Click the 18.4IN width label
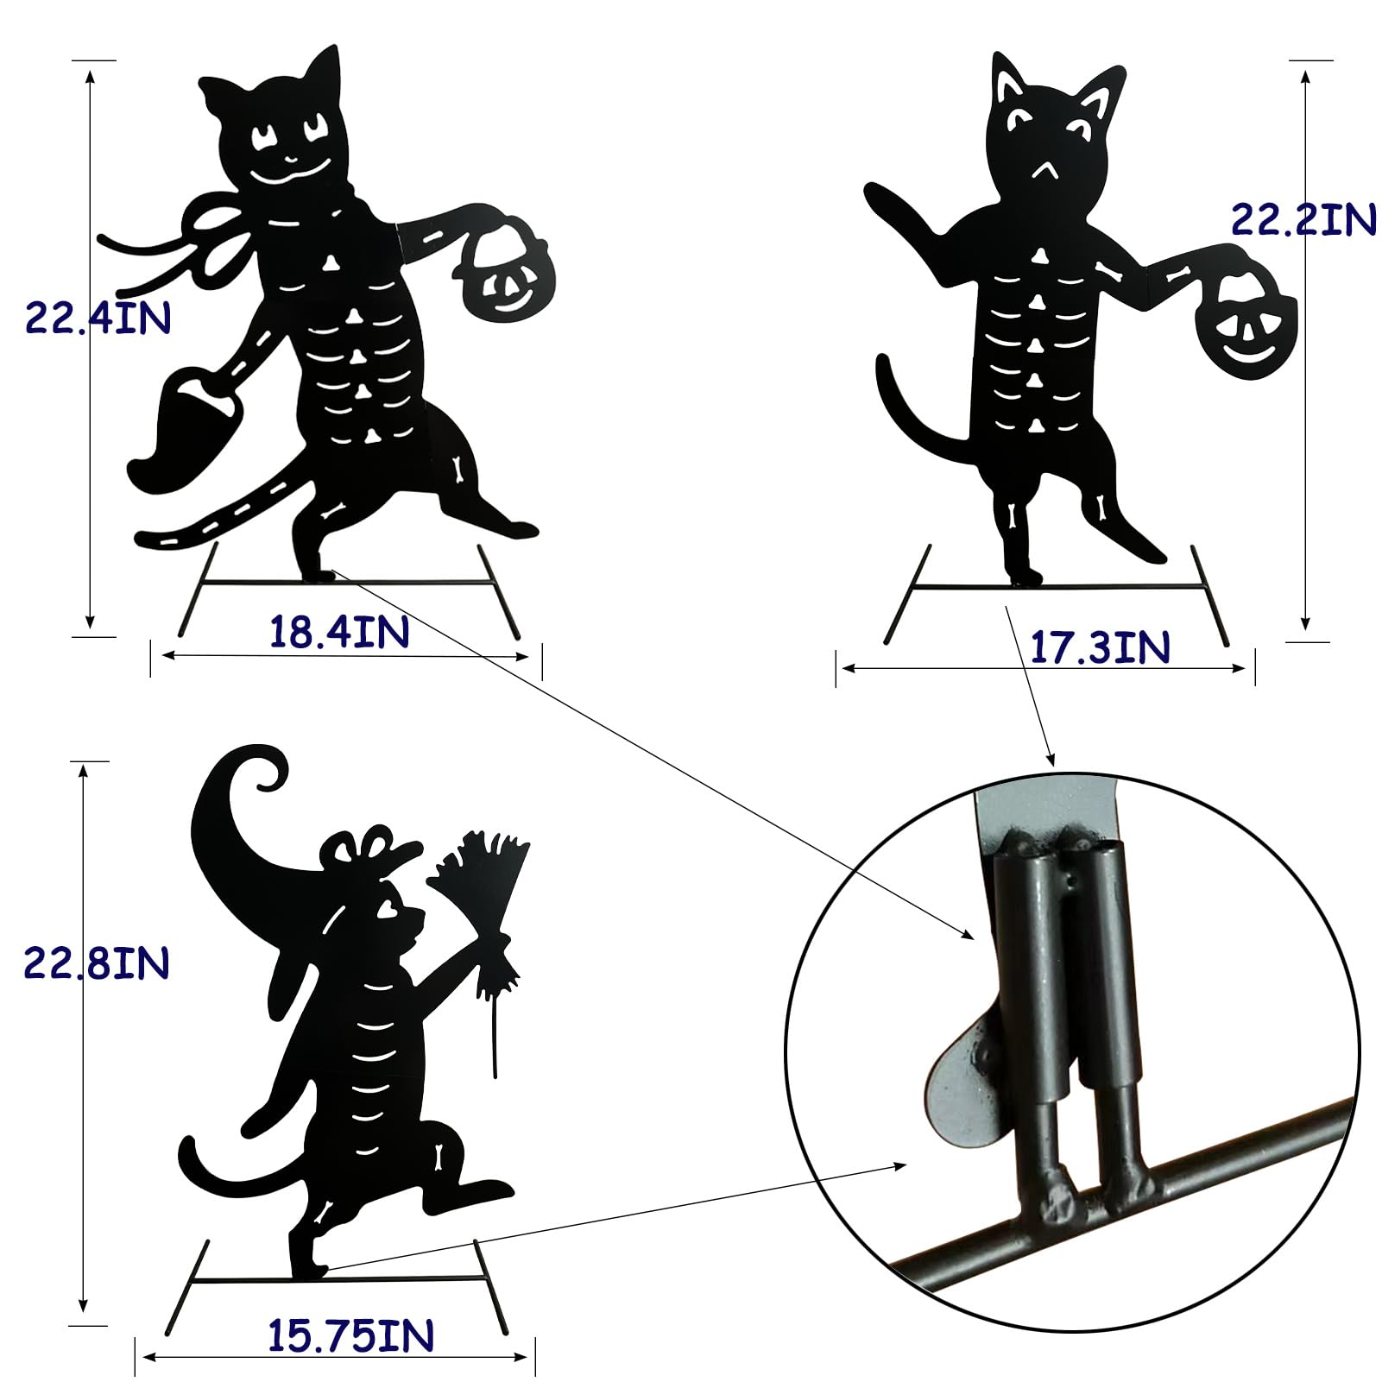[339, 632]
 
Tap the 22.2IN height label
[1303, 219]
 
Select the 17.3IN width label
[1101, 647]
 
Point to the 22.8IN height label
[96, 962]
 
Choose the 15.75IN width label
[350, 1336]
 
